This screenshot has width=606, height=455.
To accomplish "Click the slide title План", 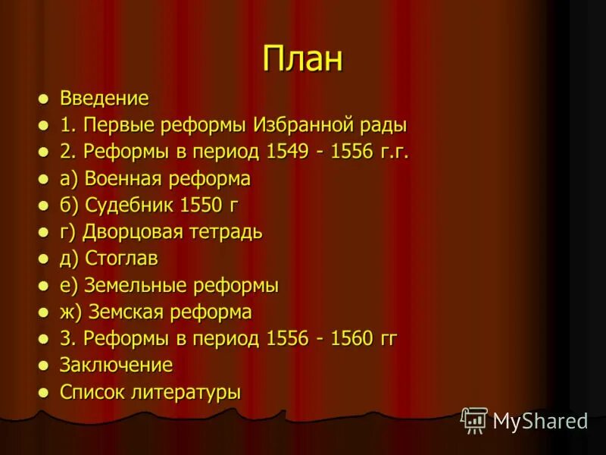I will [303, 59].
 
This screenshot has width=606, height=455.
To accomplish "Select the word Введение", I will [105, 99].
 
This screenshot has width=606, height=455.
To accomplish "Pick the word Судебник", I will [130, 206].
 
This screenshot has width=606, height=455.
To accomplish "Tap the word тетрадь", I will [224, 232].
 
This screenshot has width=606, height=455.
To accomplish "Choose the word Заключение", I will [116, 366].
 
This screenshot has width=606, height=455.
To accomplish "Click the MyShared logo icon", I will [474, 420].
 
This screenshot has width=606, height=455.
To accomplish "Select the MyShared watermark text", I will [539, 422].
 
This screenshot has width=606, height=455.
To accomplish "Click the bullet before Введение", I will [45, 99].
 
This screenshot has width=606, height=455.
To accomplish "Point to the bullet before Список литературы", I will [45, 393].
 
